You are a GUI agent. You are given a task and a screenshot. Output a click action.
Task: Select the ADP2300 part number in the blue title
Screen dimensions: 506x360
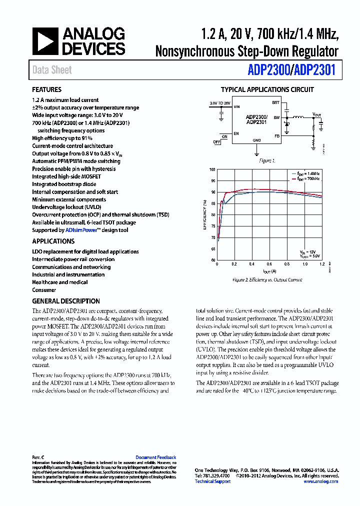coord(268,70)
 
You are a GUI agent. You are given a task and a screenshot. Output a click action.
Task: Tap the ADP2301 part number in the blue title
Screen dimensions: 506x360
coord(314,70)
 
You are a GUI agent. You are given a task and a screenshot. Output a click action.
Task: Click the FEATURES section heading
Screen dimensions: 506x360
coord(47,90)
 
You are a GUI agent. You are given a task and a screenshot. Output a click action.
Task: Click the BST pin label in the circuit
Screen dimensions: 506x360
coord(275,102)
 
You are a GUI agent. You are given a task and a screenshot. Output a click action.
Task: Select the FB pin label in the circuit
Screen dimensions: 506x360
coord(276,135)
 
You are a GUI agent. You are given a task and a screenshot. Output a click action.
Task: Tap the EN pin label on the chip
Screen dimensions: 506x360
coord(236,133)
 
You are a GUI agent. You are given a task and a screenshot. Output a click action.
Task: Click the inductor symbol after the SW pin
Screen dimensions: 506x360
coord(298,117)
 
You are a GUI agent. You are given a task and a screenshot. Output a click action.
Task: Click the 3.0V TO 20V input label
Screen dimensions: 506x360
coord(220,102)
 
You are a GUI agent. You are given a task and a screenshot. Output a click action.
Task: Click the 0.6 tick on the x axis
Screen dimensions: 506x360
coord(269,264)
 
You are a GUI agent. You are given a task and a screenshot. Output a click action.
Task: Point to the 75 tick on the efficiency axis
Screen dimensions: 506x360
coord(213,226)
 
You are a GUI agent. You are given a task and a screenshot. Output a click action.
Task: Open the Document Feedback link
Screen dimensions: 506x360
coord(156,457)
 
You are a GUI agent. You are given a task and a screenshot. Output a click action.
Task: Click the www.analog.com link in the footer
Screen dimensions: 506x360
coord(320,481)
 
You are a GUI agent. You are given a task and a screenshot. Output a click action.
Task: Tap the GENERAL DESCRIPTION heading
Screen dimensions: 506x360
coord(66,301)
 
